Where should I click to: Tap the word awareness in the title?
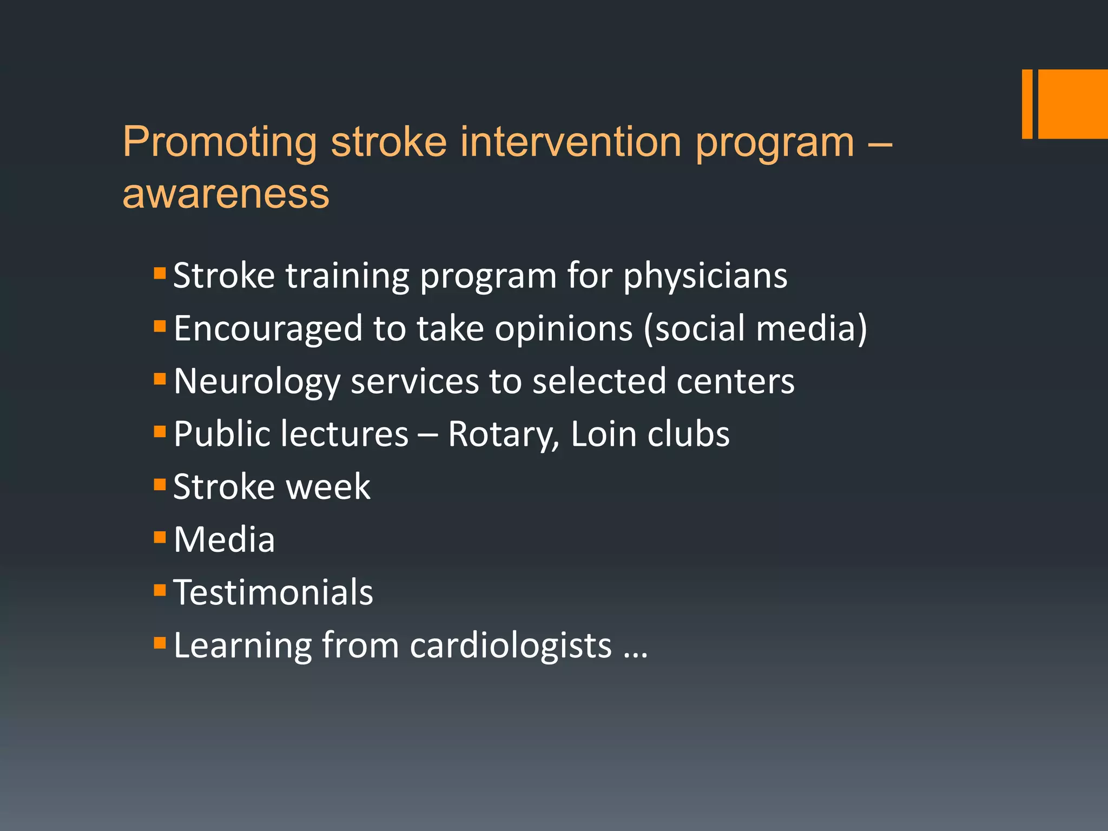coord(226,194)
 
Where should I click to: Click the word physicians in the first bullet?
coord(705,276)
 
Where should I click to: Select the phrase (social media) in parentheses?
coord(755,329)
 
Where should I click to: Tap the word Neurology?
coord(257,382)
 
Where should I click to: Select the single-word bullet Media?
coord(224,540)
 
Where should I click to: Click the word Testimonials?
coord(273,592)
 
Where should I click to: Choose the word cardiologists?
coord(511,645)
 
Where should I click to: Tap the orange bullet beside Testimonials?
coord(160,589)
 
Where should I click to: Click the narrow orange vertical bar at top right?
coord(1027,104)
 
